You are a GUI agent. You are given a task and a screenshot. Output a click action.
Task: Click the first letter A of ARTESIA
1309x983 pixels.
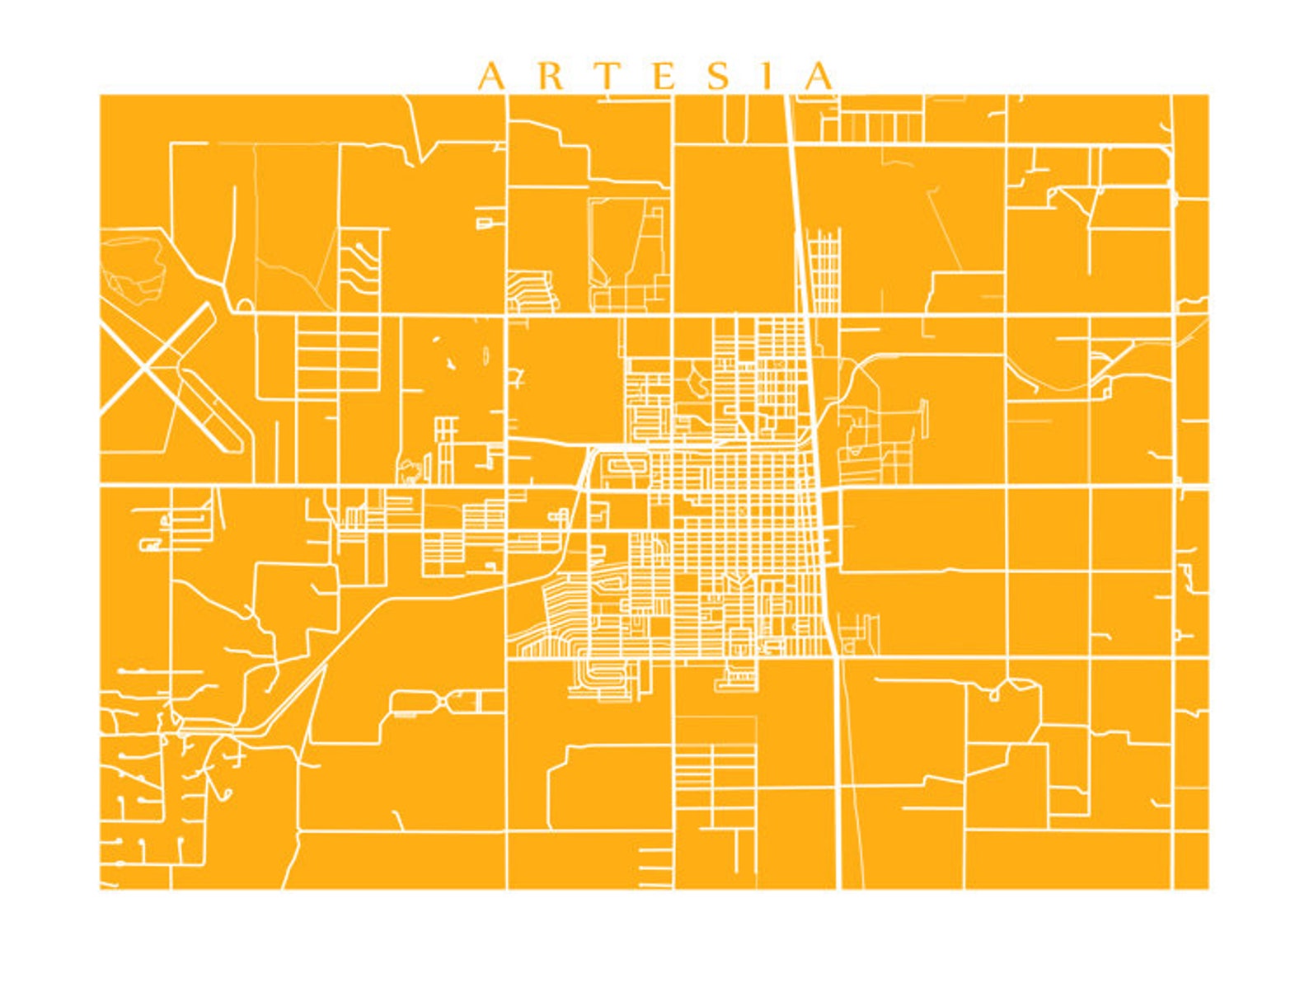coord(491,77)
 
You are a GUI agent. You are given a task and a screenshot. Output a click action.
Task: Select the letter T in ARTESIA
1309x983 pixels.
coord(607,77)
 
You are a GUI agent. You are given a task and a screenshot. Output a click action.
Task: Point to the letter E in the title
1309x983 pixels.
coord(665,77)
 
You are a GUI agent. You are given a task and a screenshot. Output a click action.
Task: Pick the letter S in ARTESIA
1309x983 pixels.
coord(720,77)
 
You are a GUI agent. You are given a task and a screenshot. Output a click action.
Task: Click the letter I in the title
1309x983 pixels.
coord(767,77)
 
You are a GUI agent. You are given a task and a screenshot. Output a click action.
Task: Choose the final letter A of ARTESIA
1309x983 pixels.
coord(819,77)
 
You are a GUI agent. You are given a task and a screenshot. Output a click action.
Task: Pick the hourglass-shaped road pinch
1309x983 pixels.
coord(445,702)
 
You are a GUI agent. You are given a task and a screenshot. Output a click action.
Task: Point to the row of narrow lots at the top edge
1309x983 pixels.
coord(880,127)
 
